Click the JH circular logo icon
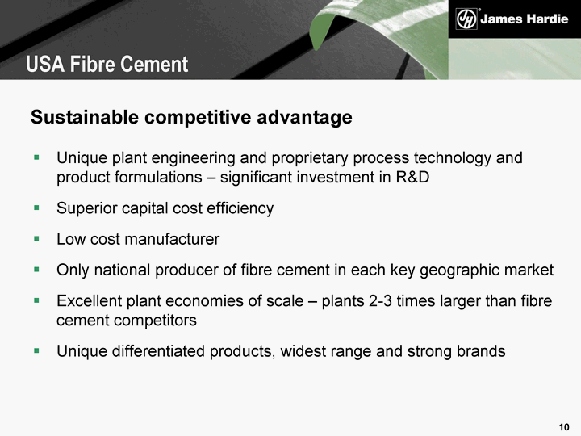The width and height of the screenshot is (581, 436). click(x=466, y=19)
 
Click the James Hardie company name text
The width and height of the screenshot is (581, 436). click(x=524, y=19)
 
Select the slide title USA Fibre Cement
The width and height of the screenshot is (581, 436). click(x=107, y=64)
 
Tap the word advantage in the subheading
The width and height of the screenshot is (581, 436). click(x=304, y=118)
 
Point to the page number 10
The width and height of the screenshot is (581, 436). click(x=564, y=427)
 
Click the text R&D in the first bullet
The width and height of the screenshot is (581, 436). click(x=413, y=177)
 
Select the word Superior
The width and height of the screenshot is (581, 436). click(x=86, y=209)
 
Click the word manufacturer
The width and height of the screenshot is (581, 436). click(x=172, y=239)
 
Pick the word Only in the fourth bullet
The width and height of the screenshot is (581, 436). click(x=73, y=270)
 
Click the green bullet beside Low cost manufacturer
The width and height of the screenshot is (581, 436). click(x=36, y=239)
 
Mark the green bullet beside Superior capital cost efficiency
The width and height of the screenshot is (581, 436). click(x=36, y=208)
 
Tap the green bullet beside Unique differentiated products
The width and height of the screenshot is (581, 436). click(x=36, y=350)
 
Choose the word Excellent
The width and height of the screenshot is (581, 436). click(x=89, y=300)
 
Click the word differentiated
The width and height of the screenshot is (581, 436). click(x=158, y=350)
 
